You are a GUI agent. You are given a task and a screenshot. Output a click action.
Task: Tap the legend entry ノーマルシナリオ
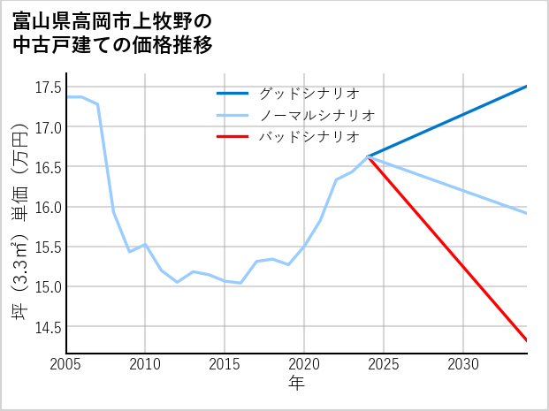click(x=317, y=115)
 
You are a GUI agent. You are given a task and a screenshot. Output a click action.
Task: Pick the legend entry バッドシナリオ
click(x=309, y=137)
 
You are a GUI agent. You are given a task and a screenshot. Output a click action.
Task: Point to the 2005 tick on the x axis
click(x=65, y=364)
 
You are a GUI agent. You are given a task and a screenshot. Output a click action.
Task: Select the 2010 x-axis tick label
click(x=145, y=364)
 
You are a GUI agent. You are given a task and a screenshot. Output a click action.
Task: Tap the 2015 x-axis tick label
click(x=225, y=364)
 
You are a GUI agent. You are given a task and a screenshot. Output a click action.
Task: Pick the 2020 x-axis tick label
click(x=304, y=364)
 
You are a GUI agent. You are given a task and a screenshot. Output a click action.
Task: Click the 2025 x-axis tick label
click(x=384, y=364)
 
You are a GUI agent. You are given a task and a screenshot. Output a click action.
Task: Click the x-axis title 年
click(x=296, y=384)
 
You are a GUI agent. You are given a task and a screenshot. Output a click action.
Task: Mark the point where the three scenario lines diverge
click(x=368, y=156)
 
